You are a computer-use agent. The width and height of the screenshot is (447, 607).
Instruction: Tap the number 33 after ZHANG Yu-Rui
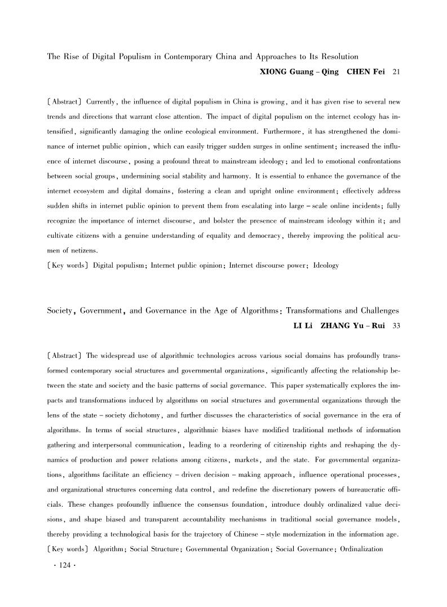[x=396, y=326]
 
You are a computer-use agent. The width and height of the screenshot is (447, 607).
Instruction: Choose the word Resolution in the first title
[x=336, y=56]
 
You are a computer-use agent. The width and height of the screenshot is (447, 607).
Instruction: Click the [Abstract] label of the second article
[x=64, y=356]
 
